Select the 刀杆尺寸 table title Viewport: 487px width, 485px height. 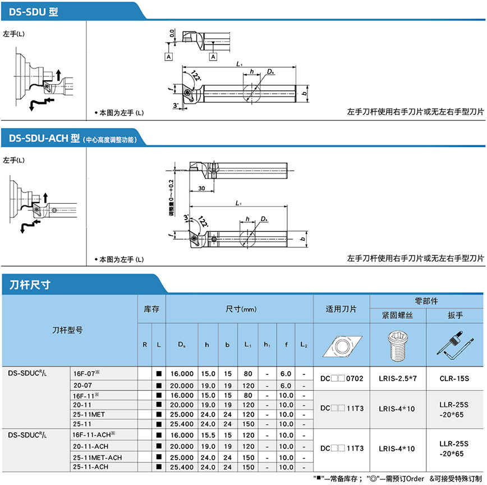click(30, 285)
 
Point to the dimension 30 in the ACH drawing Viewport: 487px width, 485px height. click(201, 188)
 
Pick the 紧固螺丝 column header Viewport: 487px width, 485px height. click(398, 315)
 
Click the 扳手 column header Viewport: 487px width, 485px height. click(456, 315)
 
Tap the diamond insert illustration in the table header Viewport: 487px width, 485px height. click(341, 345)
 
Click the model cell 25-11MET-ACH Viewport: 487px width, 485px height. click(97, 457)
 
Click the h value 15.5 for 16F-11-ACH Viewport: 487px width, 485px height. click(208, 436)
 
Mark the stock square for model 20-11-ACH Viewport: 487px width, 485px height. click(159, 446)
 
